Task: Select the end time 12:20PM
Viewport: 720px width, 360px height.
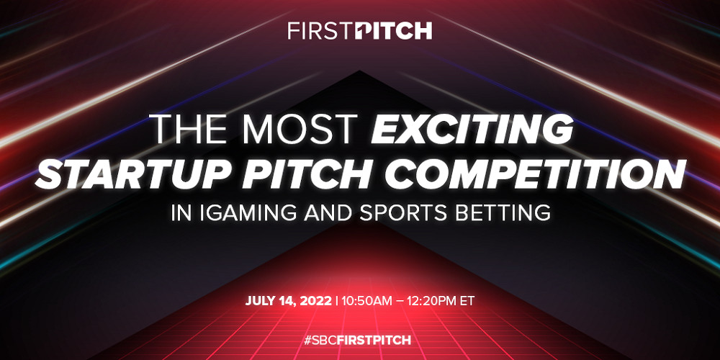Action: pyautogui.click(x=433, y=300)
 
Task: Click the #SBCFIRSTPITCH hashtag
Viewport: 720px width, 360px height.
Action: pyautogui.click(x=359, y=338)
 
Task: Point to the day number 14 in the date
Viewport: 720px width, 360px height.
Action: pyautogui.click(x=288, y=300)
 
